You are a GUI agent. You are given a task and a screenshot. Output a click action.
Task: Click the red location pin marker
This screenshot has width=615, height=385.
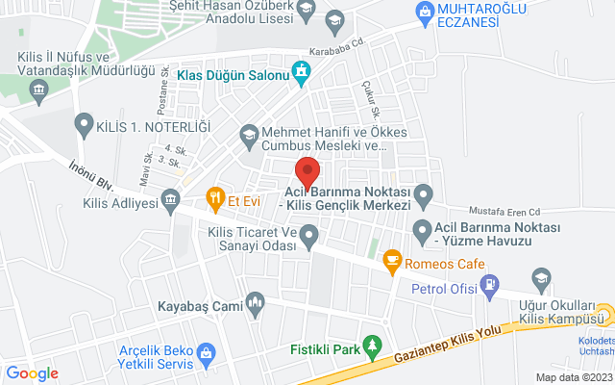pos(307,171)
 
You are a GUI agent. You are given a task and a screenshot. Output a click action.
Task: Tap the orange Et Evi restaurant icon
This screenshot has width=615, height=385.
pos(215,200)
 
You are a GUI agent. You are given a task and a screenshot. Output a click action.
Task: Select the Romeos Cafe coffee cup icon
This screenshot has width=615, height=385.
pos(391,259)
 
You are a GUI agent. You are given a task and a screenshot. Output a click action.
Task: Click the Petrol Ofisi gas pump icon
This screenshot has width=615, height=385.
pos(491,286)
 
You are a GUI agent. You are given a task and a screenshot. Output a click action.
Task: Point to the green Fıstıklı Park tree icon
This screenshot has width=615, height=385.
pos(376,345)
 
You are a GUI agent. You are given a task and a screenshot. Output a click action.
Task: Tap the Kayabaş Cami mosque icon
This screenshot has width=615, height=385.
pos(255,302)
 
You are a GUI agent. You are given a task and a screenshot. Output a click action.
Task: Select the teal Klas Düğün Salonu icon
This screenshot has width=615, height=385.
pos(303,71)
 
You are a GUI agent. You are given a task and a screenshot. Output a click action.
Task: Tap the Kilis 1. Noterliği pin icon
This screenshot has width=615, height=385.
pos(84,123)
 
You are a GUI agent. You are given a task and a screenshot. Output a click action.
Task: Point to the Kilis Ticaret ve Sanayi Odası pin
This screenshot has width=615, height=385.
pos(308,234)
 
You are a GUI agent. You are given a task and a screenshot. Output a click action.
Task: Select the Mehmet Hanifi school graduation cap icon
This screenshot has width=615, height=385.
pos(250,134)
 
